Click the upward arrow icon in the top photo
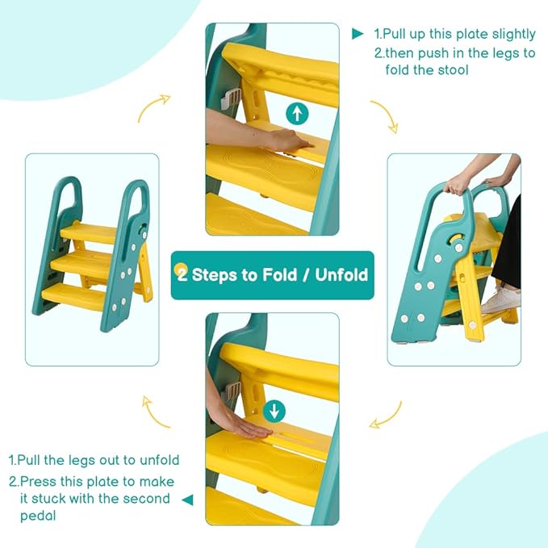point(297,113)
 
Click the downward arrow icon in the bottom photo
point(274,412)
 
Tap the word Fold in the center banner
point(279,274)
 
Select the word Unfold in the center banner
point(341,274)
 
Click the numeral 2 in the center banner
point(182,274)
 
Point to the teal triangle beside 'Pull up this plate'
point(358,34)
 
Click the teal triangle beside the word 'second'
point(188,500)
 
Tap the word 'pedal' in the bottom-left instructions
point(38,516)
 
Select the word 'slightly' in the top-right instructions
point(514,35)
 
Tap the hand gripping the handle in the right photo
point(457,184)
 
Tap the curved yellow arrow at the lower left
point(155,414)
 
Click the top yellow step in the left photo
point(89,232)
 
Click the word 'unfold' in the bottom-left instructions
point(159,460)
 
